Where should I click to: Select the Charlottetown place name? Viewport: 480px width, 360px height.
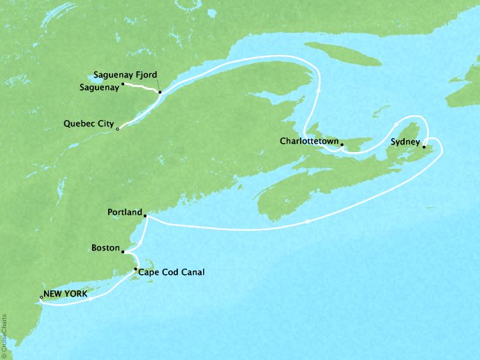(309, 141)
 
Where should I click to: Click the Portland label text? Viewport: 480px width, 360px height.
(125, 211)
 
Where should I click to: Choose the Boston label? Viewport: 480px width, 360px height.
(105, 248)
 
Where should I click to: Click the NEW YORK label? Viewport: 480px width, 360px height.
(66, 294)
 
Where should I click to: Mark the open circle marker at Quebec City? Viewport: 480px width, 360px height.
(118, 129)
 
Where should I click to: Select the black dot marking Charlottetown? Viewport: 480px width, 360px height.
(342, 144)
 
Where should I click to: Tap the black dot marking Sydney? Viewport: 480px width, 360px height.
(423, 147)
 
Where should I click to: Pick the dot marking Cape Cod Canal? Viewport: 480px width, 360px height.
(135, 269)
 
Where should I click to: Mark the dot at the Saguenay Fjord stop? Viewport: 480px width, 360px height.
(160, 92)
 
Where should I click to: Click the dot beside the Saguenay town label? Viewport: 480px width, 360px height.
(123, 84)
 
